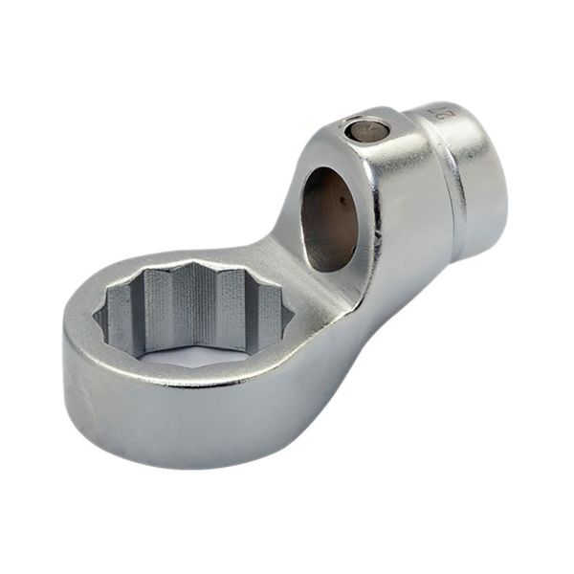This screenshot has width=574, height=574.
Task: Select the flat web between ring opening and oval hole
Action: click(301, 277)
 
